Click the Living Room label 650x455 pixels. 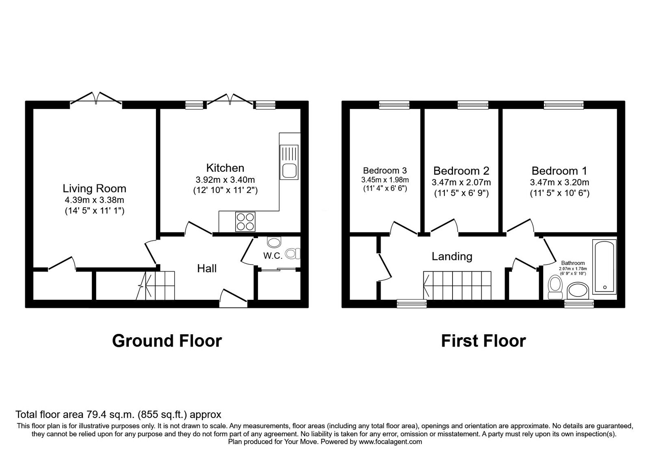coord(95,188)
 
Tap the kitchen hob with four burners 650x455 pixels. coord(245,222)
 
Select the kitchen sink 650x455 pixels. coord(289,162)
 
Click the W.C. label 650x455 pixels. coord(273,256)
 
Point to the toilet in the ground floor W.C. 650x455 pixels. coord(292,254)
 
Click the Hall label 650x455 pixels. coord(207,269)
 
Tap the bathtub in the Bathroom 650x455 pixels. coord(604,266)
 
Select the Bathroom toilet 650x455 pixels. coord(555,287)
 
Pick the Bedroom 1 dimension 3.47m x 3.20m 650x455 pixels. coord(559,182)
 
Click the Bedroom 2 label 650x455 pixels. coord(461,171)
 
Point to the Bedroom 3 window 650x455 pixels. coord(394,105)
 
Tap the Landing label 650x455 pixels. coord(452,256)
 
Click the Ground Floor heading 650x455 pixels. coord(167,341)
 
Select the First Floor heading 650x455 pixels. coord(483,341)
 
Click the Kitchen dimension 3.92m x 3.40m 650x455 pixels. coord(225,180)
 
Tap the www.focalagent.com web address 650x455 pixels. coord(390,442)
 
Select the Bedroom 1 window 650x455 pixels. coord(563,105)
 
